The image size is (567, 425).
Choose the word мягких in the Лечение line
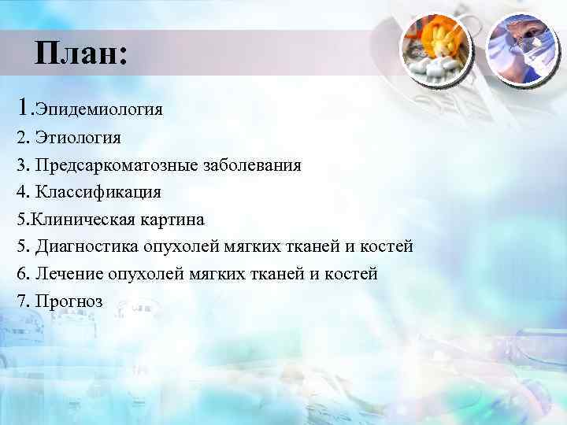(218, 274)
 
